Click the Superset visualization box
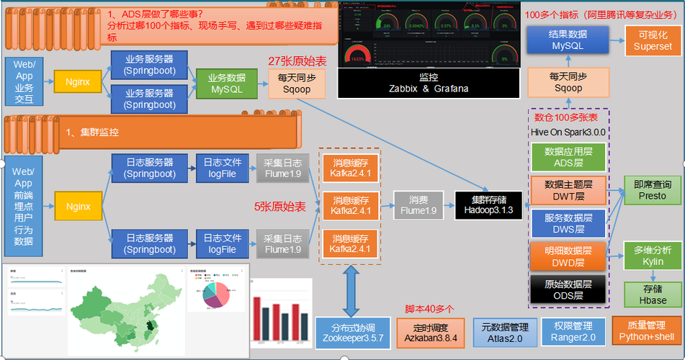pyautogui.click(x=653, y=40)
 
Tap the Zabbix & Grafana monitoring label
pyautogui.click(x=428, y=82)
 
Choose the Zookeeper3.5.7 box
pyautogui.click(x=352, y=333)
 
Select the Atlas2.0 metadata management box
pyautogui.click(x=505, y=332)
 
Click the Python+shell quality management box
pyautogui.click(x=645, y=332)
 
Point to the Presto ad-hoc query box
pyautogui.click(x=653, y=190)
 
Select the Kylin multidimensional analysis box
pyautogui.click(x=653, y=255)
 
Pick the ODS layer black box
pyautogui.click(x=568, y=289)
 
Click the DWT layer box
pyautogui.click(x=568, y=190)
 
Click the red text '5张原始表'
pyautogui.click(x=280, y=207)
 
